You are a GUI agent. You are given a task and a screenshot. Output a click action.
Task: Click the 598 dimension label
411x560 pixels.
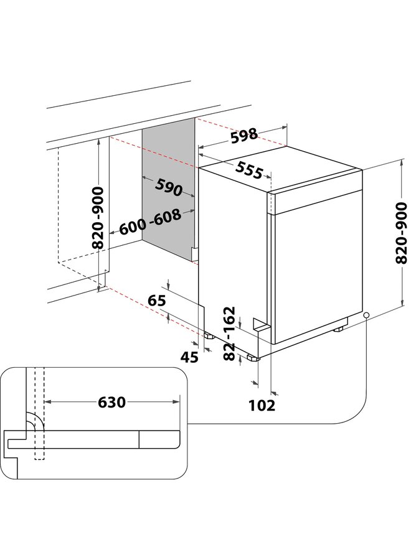(x=243, y=136)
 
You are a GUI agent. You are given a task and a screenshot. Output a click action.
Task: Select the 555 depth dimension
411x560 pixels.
(x=249, y=170)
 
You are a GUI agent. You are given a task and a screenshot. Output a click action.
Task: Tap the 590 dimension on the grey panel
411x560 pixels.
(x=169, y=187)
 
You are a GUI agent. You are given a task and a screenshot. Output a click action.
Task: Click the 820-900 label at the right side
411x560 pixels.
(x=402, y=233)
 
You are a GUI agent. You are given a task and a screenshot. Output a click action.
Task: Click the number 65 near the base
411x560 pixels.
(x=157, y=301)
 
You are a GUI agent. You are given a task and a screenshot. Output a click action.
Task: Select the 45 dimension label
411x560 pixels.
(x=189, y=357)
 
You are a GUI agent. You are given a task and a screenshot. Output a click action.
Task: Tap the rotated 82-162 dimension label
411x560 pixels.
(x=228, y=334)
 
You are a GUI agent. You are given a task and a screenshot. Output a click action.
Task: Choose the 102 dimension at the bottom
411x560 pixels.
(x=262, y=405)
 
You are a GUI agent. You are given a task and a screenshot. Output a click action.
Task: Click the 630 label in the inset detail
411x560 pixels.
(x=112, y=402)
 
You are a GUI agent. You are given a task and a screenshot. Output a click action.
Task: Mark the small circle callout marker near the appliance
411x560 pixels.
(x=367, y=315)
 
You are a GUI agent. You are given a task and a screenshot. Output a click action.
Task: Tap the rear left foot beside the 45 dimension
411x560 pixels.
(x=208, y=335)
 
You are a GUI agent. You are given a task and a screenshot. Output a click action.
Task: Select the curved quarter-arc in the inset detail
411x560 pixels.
(x=35, y=421)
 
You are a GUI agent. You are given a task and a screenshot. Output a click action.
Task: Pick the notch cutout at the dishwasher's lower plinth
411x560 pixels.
(x=261, y=324)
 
